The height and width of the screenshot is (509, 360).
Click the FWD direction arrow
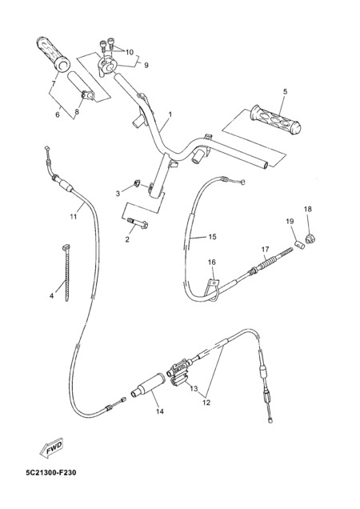[51, 448]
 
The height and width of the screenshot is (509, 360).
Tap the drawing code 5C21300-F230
[51, 472]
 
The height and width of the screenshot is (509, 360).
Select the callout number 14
[160, 411]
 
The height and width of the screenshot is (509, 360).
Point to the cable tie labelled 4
[67, 273]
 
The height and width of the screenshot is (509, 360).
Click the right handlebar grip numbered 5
[275, 120]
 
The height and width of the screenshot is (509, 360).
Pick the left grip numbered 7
[53, 54]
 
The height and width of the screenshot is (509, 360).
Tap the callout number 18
[308, 209]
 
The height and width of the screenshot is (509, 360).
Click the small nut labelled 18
[310, 239]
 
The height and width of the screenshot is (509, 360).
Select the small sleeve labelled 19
[300, 244]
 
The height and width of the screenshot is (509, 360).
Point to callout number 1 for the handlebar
[170, 114]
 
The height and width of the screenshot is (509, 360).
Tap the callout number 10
[129, 52]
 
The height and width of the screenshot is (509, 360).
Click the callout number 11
[74, 216]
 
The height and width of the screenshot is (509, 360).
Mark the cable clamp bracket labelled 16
[212, 286]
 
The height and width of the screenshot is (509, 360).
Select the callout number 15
[212, 237]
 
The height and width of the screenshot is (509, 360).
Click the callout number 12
[206, 403]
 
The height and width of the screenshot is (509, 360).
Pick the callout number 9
[146, 66]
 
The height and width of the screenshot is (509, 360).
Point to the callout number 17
[266, 250]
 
